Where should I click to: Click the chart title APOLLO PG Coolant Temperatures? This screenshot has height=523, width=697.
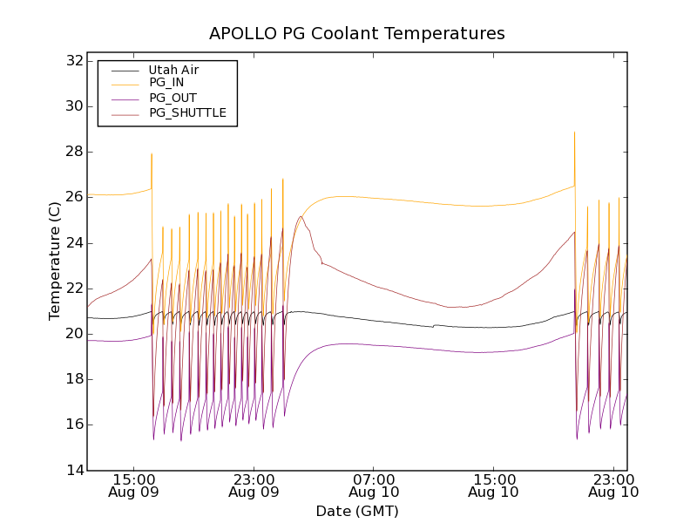pyautogui.click(x=357, y=34)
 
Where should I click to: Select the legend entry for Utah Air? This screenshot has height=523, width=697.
pyautogui.click(x=173, y=70)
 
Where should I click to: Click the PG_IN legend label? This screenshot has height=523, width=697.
pyautogui.click(x=166, y=83)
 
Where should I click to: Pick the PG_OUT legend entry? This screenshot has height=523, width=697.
pyautogui.click(x=173, y=98)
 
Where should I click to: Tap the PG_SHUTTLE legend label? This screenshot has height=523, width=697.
pyautogui.click(x=187, y=112)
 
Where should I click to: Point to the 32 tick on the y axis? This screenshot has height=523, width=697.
pyautogui.click(x=73, y=61)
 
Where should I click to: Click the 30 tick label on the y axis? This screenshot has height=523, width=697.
pyautogui.click(x=73, y=106)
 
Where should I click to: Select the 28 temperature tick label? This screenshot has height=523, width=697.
pyautogui.click(x=73, y=152)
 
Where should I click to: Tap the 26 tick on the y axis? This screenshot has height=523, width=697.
pyautogui.click(x=73, y=197)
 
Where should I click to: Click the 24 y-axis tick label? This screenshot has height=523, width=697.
pyautogui.click(x=73, y=242)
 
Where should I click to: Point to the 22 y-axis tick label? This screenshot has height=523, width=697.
pyautogui.click(x=73, y=289)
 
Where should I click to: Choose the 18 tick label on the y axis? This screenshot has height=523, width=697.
pyautogui.click(x=73, y=379)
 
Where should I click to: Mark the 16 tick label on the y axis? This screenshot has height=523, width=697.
pyautogui.click(x=73, y=425)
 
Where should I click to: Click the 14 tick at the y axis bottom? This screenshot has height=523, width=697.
pyautogui.click(x=73, y=470)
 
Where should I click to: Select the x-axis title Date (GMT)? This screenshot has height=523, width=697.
pyautogui.click(x=357, y=511)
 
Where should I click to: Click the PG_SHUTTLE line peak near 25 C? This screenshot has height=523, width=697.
pyautogui.click(x=301, y=216)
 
